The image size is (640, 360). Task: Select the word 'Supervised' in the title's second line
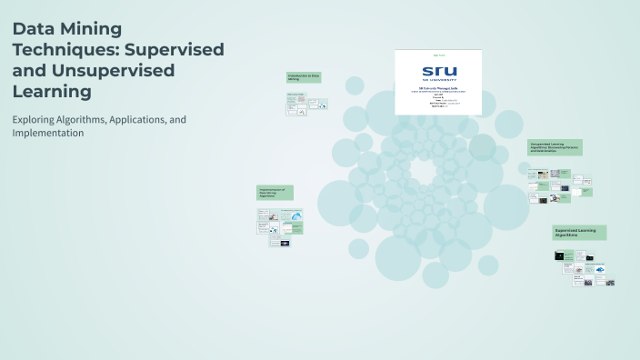pyautogui.click(x=176, y=49)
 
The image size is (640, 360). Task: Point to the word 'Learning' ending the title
pyautogui.click(x=52, y=91)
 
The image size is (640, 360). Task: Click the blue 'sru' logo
pyautogui.click(x=440, y=71)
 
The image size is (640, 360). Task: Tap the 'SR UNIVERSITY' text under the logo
pyautogui.click(x=440, y=81)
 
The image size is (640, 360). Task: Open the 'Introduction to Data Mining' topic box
pyautogui.click(x=304, y=78)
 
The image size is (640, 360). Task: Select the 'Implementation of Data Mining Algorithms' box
pyautogui.click(x=274, y=193)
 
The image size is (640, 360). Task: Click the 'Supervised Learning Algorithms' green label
pyautogui.click(x=579, y=233)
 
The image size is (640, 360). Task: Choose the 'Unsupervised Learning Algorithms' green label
pyautogui.click(x=555, y=147)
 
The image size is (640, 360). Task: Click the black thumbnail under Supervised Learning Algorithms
pyautogui.click(x=559, y=255)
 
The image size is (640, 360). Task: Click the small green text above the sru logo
pyautogui.click(x=440, y=54)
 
